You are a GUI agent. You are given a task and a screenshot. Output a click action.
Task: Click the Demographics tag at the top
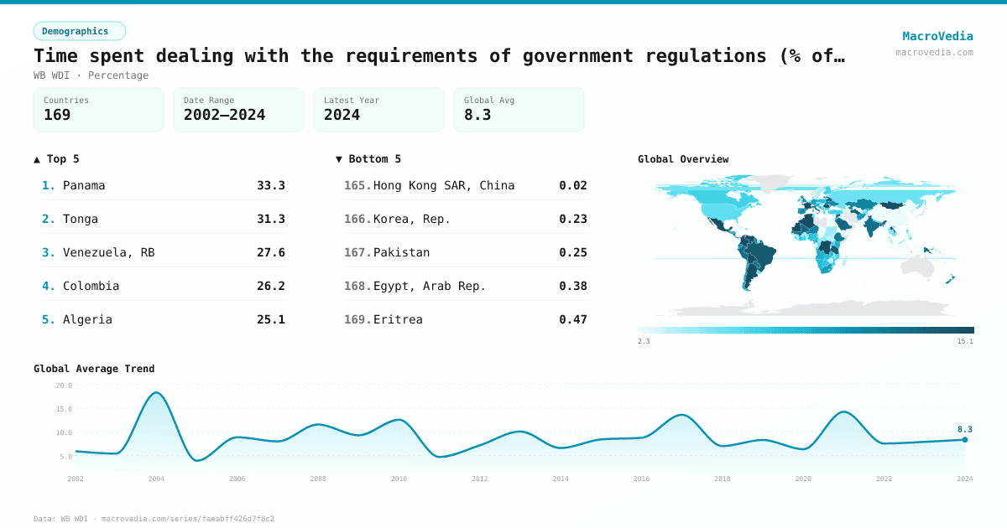tap(79, 31)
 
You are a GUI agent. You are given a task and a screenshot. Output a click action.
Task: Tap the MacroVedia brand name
tap(937, 36)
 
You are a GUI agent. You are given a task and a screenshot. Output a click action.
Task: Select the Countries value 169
tap(57, 115)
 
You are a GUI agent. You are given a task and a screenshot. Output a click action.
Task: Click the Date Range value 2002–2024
tap(224, 115)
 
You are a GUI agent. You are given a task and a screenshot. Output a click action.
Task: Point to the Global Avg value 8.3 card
tap(519, 110)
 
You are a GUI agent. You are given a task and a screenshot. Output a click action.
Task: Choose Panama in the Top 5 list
tap(84, 185)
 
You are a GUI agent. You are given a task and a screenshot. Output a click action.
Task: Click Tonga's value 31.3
tap(270, 219)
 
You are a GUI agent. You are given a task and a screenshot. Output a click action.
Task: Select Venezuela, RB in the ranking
tap(108, 252)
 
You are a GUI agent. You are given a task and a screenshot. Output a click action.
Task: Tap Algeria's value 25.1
tap(270, 319)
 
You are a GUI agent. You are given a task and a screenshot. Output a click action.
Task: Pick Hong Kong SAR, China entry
tap(443, 185)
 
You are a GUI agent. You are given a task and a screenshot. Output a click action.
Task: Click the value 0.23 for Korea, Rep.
tap(572, 219)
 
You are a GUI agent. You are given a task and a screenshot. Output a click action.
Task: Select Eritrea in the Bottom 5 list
tap(398, 319)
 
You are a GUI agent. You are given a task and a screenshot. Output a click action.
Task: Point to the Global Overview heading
tap(683, 159)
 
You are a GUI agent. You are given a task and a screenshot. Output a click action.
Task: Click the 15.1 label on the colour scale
tap(965, 341)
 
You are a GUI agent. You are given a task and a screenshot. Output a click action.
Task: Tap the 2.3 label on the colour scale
tap(644, 341)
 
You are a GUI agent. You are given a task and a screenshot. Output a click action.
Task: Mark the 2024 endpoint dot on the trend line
tap(965, 440)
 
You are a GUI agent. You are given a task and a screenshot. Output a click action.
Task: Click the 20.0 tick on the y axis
tap(64, 386)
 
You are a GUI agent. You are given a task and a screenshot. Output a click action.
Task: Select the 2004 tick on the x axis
tap(156, 479)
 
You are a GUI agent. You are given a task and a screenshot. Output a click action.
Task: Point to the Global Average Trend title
tap(94, 369)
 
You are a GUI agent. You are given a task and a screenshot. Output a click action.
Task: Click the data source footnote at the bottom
tap(154, 519)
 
